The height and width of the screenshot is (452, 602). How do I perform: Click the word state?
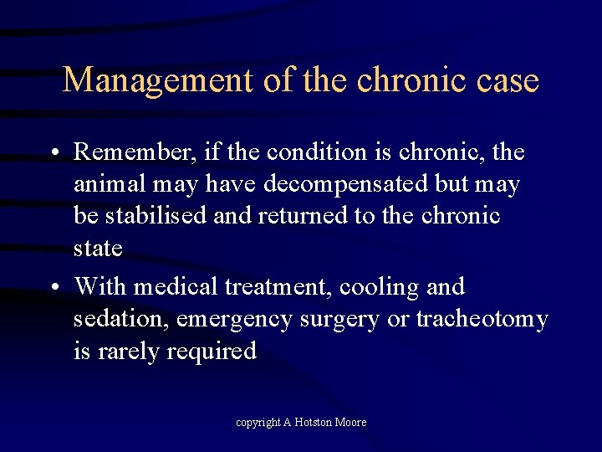pyautogui.click(x=98, y=249)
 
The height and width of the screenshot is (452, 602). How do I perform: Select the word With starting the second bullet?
pyautogui.click(x=100, y=287)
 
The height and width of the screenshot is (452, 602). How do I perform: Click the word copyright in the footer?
pyautogui.click(x=258, y=423)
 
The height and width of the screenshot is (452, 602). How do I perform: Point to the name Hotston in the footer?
pyautogui.click(x=314, y=423)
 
